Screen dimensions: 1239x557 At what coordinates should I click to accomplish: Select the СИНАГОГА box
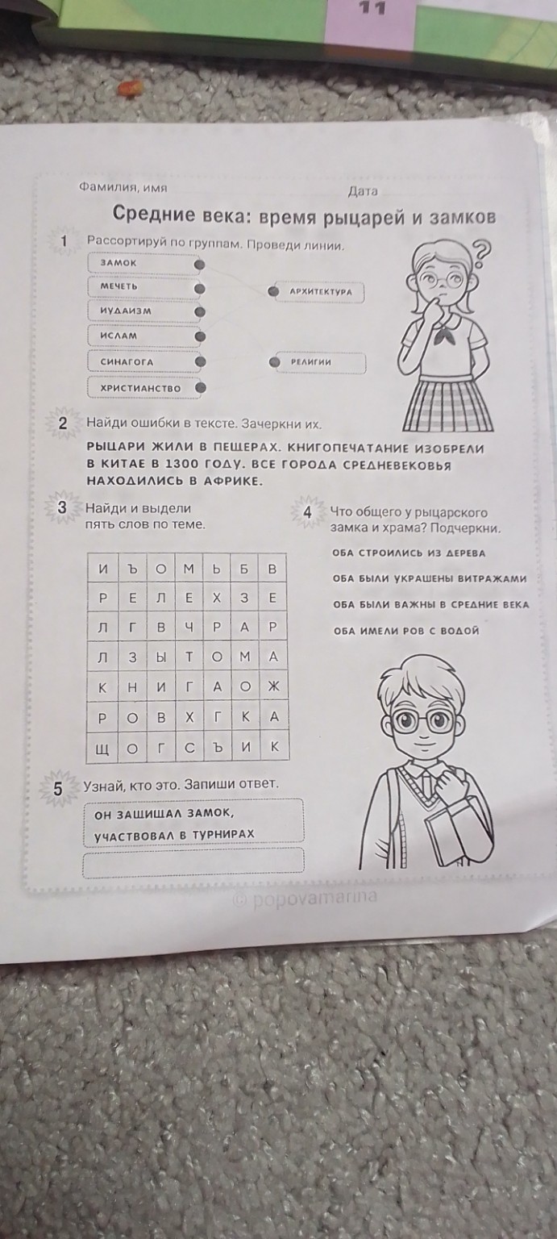click(x=139, y=362)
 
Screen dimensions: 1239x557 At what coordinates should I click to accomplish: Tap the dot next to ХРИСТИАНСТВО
click(x=201, y=388)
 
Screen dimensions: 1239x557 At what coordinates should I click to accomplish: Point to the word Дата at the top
click(x=363, y=192)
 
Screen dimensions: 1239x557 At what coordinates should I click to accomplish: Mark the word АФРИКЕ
click(x=232, y=482)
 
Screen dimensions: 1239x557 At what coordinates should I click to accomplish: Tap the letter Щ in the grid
click(x=102, y=749)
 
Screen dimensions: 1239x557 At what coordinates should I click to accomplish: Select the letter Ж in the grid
click(x=272, y=686)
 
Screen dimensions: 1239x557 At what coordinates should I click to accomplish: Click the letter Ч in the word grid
click(x=188, y=627)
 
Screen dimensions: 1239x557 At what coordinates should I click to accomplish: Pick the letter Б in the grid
click(x=243, y=569)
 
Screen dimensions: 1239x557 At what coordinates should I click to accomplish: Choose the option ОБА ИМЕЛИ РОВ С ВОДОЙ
click(x=406, y=631)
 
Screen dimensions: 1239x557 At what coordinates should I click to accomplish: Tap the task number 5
click(x=57, y=789)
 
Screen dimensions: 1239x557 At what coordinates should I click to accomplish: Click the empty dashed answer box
click(x=193, y=861)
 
